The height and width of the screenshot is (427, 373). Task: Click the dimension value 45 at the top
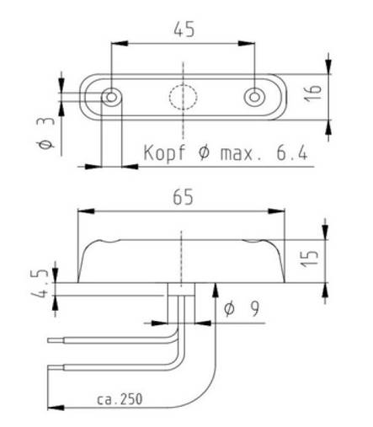[183, 29]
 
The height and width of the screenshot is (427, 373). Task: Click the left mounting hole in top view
[110, 98]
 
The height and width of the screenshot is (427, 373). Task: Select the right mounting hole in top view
[254, 98]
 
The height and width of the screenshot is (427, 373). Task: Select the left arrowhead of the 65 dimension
[83, 211]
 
